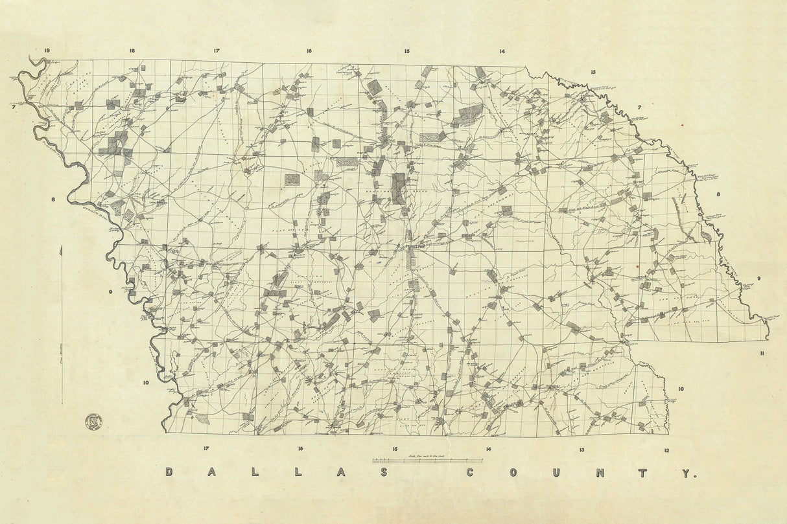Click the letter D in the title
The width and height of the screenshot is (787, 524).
(x=169, y=473)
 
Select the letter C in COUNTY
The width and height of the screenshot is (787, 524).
(x=471, y=473)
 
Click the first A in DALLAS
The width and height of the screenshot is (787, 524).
(x=211, y=473)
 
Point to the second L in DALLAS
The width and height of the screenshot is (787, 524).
(x=298, y=473)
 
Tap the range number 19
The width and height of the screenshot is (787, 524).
(x=47, y=51)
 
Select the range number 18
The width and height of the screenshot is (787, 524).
(x=132, y=51)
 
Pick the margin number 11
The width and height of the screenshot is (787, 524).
(x=763, y=353)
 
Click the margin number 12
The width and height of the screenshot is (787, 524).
(x=666, y=450)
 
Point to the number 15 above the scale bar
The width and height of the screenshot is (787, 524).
(x=394, y=449)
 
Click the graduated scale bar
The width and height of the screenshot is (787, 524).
(x=427, y=461)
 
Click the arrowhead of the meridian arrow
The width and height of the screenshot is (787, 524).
(x=62, y=247)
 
